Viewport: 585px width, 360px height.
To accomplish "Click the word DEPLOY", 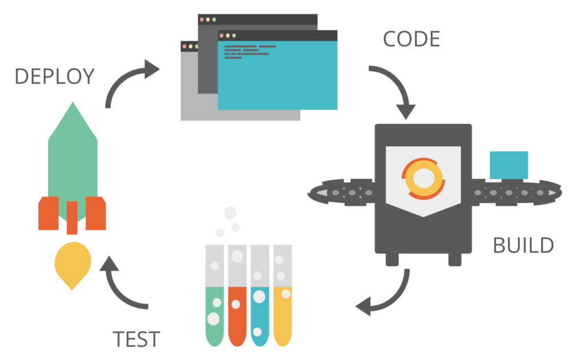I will pyautogui.click(x=54, y=76).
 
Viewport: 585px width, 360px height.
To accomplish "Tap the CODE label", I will pyautogui.click(x=411, y=39).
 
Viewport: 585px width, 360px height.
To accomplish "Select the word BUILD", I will pyautogui.click(x=523, y=245).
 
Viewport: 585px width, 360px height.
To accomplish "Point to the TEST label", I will pyautogui.click(x=136, y=339).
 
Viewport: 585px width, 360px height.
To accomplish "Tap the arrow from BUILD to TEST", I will pyautogui.click(x=388, y=297).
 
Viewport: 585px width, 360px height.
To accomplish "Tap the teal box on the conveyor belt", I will pyautogui.click(x=508, y=165).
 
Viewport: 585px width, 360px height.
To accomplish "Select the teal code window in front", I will pyautogui.click(x=278, y=74).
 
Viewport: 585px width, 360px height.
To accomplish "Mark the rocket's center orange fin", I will pyautogui.click(x=72, y=217).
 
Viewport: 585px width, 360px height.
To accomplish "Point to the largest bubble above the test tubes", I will pyautogui.click(x=230, y=213).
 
